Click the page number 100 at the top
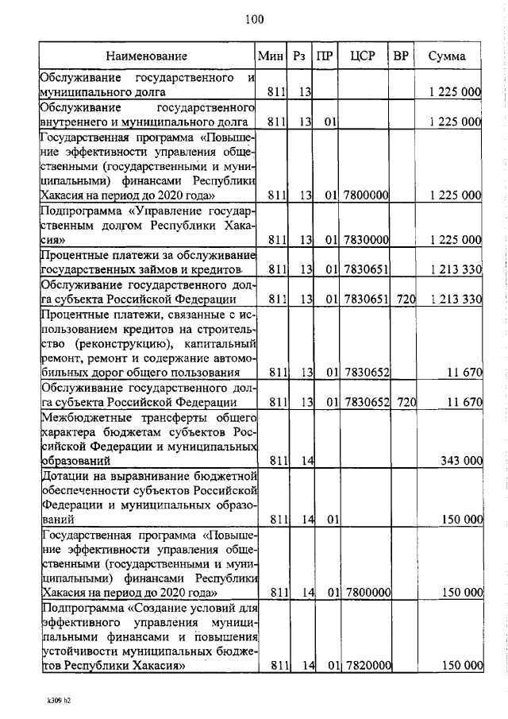[x=254, y=18]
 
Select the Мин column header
[x=270, y=56]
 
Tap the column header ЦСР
[x=366, y=56]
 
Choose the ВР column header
[x=402, y=56]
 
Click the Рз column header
[x=299, y=56]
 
